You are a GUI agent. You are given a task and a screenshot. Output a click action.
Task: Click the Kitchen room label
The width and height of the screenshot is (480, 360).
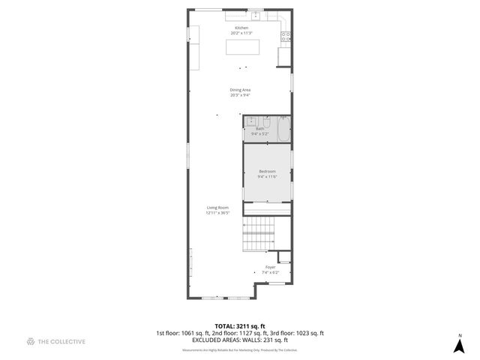point(241,28)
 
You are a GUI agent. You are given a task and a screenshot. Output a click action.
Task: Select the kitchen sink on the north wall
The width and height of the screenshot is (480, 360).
point(255,14)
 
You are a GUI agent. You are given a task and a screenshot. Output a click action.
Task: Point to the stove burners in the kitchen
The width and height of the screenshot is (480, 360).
point(286,35)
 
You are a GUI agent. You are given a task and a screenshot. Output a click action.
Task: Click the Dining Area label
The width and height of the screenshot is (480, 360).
point(240,90)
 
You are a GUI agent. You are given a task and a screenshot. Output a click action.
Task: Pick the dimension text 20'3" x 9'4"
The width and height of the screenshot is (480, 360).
point(240,95)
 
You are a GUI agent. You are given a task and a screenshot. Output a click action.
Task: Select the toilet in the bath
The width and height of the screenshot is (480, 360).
point(266,120)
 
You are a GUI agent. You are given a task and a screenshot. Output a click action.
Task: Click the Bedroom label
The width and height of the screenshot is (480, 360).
point(267,172)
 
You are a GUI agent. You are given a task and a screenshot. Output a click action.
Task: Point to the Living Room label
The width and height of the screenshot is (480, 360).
point(218,207)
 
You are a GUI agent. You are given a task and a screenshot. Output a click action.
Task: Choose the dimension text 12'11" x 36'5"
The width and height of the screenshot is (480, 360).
point(218,213)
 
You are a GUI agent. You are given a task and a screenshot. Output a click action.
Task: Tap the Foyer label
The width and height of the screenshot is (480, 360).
point(270,267)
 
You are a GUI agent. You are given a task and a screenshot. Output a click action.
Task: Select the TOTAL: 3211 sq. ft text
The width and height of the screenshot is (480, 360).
point(240,325)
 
